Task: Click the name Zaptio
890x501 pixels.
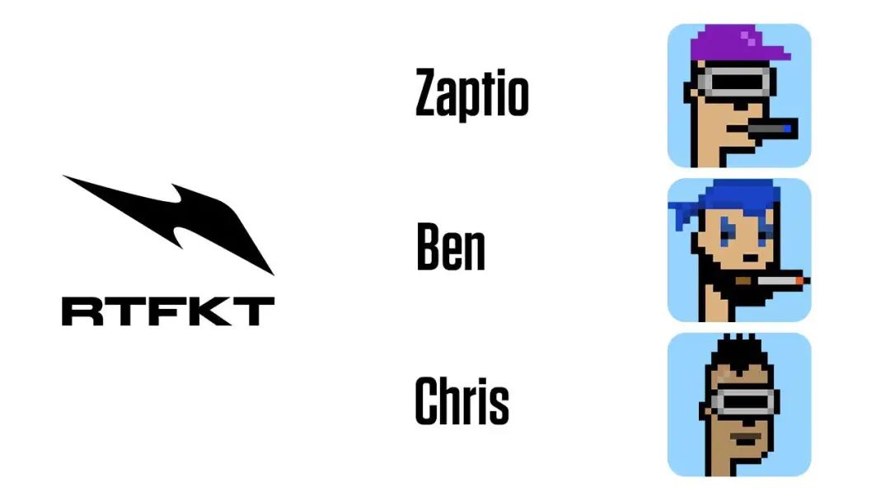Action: click(x=471, y=94)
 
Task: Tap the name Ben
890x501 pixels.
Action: click(x=451, y=247)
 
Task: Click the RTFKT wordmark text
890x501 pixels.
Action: click(x=168, y=311)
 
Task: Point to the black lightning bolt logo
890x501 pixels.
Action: click(x=169, y=225)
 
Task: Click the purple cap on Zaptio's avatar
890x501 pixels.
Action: click(x=740, y=44)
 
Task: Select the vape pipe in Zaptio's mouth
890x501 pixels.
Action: click(x=772, y=129)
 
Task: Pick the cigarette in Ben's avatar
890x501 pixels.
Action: click(x=772, y=280)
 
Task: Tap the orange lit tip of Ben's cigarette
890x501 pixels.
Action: click(x=801, y=280)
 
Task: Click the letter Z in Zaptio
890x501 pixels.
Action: click(x=429, y=91)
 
